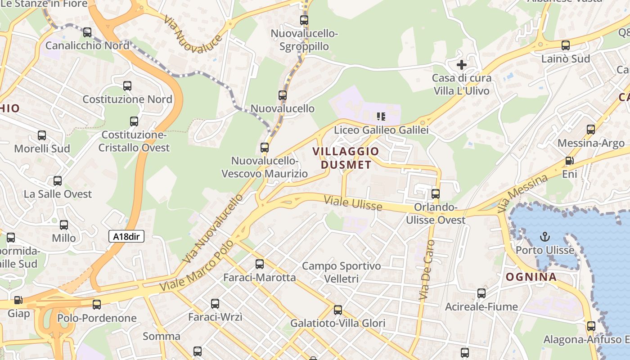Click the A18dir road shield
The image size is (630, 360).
126,236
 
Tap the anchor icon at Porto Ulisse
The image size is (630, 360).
545,236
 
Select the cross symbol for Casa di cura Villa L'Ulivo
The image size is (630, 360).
462,65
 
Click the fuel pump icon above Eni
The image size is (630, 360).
569,161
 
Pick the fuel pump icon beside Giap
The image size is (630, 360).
18,300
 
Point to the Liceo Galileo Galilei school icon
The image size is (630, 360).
381,117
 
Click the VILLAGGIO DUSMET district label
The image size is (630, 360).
346,158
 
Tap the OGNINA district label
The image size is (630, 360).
531,277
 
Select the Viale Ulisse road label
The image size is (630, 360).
353,203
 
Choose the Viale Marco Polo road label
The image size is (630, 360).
197,265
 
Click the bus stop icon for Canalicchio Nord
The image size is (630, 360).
87,32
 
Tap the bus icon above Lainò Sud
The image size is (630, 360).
566,45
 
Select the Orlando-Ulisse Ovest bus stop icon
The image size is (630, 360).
436,194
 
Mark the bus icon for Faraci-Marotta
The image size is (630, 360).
260,264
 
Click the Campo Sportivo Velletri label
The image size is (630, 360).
341,272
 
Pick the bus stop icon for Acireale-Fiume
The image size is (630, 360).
481,293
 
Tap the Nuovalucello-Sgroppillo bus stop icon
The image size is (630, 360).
304,20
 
